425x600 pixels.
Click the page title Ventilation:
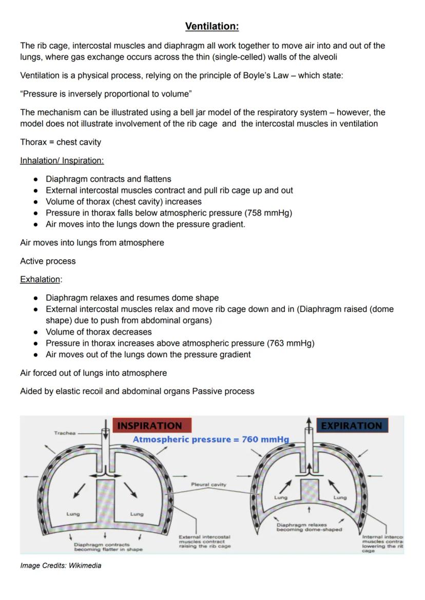coord(212,26)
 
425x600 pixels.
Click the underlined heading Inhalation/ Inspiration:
coord(62,161)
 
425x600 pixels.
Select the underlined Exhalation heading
coord(40,280)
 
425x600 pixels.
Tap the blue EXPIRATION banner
coord(352,425)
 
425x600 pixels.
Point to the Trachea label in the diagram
coord(65,433)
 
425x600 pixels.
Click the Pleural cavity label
coord(208,484)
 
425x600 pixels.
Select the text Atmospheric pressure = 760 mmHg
coord(210,440)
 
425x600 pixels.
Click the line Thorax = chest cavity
coord(61,142)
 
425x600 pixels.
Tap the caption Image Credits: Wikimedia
coord(61,566)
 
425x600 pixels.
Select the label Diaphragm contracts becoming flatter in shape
coord(108,547)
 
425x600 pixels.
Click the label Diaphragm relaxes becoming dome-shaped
coord(309,527)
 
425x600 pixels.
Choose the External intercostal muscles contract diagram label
coord(204,541)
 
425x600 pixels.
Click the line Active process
coord(48,261)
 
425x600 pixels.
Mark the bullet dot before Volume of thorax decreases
coord(35,332)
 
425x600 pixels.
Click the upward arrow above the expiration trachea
coord(308,421)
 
